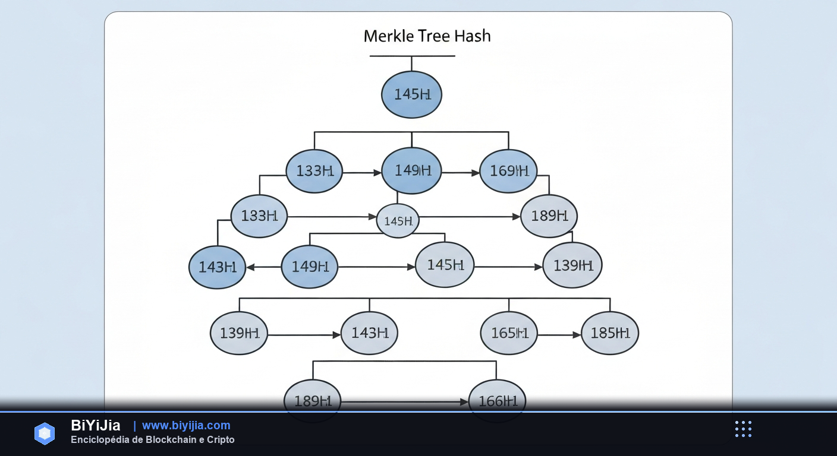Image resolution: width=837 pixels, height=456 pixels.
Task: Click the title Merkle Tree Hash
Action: click(x=427, y=36)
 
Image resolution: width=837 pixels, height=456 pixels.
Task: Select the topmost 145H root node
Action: click(x=411, y=94)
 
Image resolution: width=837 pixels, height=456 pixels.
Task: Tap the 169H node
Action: click(x=508, y=171)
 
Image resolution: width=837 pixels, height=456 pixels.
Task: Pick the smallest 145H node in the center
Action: click(x=398, y=221)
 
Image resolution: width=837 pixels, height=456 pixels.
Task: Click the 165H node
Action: click(x=509, y=333)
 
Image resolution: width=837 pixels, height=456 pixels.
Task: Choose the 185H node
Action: click(x=610, y=333)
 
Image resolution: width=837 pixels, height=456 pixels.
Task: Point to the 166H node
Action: click(x=498, y=401)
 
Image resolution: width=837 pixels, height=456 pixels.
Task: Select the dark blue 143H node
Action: click(x=217, y=267)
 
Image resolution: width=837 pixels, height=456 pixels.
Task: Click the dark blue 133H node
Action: click(x=314, y=171)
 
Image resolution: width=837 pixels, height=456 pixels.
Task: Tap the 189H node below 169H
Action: click(x=549, y=216)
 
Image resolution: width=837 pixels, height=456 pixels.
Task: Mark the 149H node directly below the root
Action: click(x=411, y=171)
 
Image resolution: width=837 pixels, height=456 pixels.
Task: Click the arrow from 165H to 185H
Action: click(x=559, y=335)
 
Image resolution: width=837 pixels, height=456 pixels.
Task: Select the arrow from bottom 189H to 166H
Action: click(x=404, y=402)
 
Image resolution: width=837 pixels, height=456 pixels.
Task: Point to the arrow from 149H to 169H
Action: click(x=461, y=173)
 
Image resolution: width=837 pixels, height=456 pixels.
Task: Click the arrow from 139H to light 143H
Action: click(x=304, y=335)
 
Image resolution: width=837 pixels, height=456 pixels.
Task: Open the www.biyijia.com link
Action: click(x=186, y=425)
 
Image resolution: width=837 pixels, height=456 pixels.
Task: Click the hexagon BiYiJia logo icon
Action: click(x=45, y=433)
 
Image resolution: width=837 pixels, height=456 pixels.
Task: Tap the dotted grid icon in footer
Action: click(x=743, y=429)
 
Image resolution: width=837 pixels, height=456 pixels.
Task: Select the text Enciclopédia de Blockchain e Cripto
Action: click(x=153, y=440)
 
